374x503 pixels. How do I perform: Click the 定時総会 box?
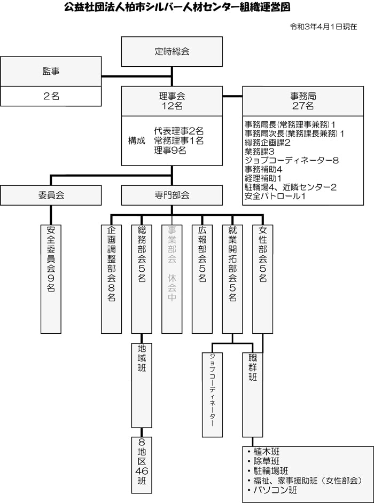(x=172, y=51)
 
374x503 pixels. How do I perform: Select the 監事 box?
(x=51, y=71)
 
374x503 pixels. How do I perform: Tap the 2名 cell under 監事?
(x=51, y=96)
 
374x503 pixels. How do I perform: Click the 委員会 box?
(x=51, y=195)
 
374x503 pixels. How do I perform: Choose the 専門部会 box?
(x=172, y=195)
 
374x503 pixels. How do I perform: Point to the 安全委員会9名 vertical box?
(x=51, y=279)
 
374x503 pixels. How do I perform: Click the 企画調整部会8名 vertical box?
(x=111, y=279)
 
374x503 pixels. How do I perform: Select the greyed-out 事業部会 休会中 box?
(x=172, y=279)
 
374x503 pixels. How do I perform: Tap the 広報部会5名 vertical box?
(x=202, y=279)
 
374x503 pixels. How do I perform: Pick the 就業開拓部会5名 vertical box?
(x=232, y=279)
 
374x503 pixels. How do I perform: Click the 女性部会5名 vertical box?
(x=263, y=279)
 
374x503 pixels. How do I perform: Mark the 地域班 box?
(x=142, y=386)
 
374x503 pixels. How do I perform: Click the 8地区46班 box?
(x=142, y=465)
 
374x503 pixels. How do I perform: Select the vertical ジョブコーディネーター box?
(x=212, y=395)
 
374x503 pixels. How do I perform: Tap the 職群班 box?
(x=253, y=395)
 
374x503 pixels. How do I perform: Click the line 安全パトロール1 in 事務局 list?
(x=275, y=195)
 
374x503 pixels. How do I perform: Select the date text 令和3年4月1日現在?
(x=324, y=27)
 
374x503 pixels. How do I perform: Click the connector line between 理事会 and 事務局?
(x=232, y=96)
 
